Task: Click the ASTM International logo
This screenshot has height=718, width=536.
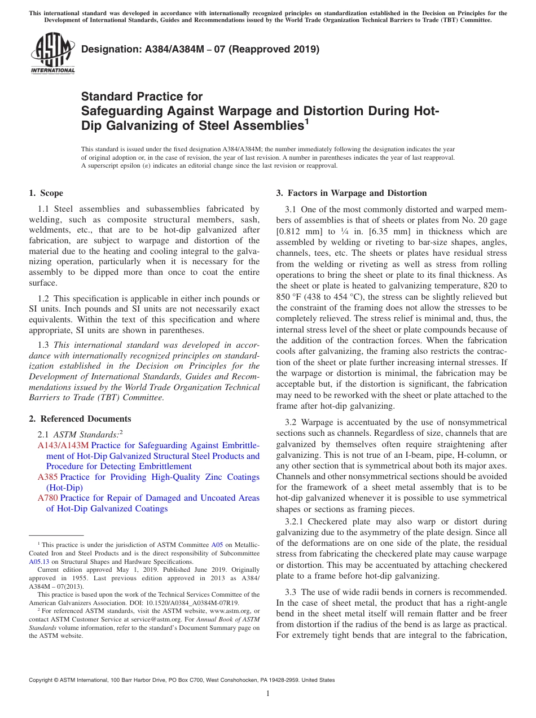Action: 52,53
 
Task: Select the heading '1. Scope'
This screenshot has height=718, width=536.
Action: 46,193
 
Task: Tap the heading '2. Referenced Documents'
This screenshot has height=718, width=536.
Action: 80,419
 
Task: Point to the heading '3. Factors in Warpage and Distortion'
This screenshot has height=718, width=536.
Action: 352,193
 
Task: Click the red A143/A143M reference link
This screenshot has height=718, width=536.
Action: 63,445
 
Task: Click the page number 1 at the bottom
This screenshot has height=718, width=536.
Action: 268,693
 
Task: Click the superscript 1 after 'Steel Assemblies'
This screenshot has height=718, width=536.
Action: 307,120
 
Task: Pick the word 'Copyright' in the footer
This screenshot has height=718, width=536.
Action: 43,680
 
